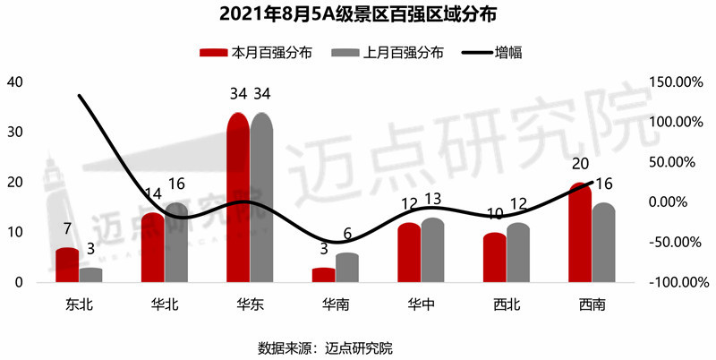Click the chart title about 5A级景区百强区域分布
coord(358,15)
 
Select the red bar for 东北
coord(67,265)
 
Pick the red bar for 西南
coord(579,233)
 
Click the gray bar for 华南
coord(347,268)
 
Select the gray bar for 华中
coord(432,251)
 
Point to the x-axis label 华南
coord(336,304)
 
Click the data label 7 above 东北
coord(68,230)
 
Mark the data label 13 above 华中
coord(432,200)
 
